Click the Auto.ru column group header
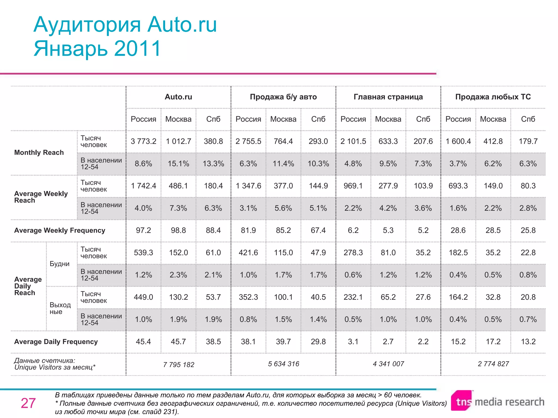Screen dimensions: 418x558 click(178, 97)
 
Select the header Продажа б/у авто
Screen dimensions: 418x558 click(283, 97)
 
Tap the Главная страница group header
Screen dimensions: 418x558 click(388, 97)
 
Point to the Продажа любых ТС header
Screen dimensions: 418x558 click(493, 97)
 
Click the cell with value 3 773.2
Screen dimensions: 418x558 click(143, 141)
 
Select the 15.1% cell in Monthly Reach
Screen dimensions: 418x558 click(178, 164)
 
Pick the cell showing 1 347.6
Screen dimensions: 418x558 click(248, 186)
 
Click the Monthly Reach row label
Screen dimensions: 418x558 click(39, 152)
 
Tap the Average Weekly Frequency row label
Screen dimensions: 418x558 click(59, 230)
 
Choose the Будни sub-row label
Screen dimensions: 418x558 click(59, 264)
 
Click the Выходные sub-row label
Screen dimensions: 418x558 click(60, 308)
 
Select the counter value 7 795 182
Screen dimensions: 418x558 click(178, 364)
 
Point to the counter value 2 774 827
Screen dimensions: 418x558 click(493, 364)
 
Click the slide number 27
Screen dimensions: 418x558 click(28, 403)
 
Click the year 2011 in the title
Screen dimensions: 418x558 click(137, 48)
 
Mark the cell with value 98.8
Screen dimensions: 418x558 click(178, 230)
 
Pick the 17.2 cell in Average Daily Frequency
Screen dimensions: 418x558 click(493, 342)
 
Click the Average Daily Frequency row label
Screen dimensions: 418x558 click(56, 342)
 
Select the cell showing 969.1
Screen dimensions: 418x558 click(353, 186)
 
